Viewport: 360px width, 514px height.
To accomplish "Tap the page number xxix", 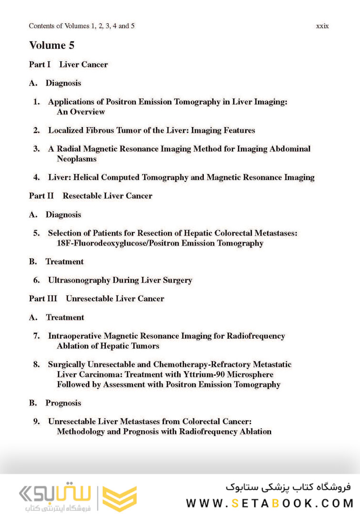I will (x=322, y=26).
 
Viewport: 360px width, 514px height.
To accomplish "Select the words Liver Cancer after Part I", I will (x=83, y=64).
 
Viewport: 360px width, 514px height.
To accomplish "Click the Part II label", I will (x=41, y=196).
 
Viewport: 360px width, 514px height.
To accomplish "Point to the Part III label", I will (x=43, y=298).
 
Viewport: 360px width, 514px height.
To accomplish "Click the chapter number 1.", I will (x=36, y=102).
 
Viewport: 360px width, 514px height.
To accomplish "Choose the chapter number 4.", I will (x=36, y=178).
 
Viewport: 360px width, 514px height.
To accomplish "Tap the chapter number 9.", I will (x=36, y=422).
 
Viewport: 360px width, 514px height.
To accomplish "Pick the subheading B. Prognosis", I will (x=55, y=403).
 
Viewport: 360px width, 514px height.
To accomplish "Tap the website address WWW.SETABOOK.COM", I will (x=270, y=503).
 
